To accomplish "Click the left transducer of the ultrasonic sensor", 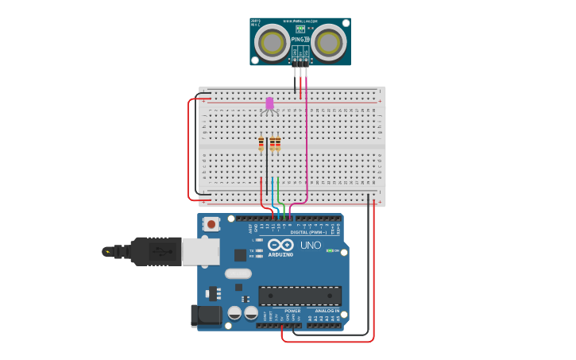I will (x=273, y=42).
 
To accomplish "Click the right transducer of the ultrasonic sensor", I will (x=328, y=42).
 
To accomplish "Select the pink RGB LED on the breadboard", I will (x=269, y=103).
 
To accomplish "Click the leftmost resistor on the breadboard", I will (x=261, y=144).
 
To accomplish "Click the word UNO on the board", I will (x=311, y=246).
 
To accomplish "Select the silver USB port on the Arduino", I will (x=200, y=251).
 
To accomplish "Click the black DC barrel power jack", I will (x=206, y=315).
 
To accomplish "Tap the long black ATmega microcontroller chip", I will (x=300, y=296).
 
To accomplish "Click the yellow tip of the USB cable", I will (x=107, y=252).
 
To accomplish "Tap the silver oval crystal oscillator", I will (x=238, y=273).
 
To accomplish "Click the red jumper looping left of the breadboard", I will (x=188, y=151).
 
